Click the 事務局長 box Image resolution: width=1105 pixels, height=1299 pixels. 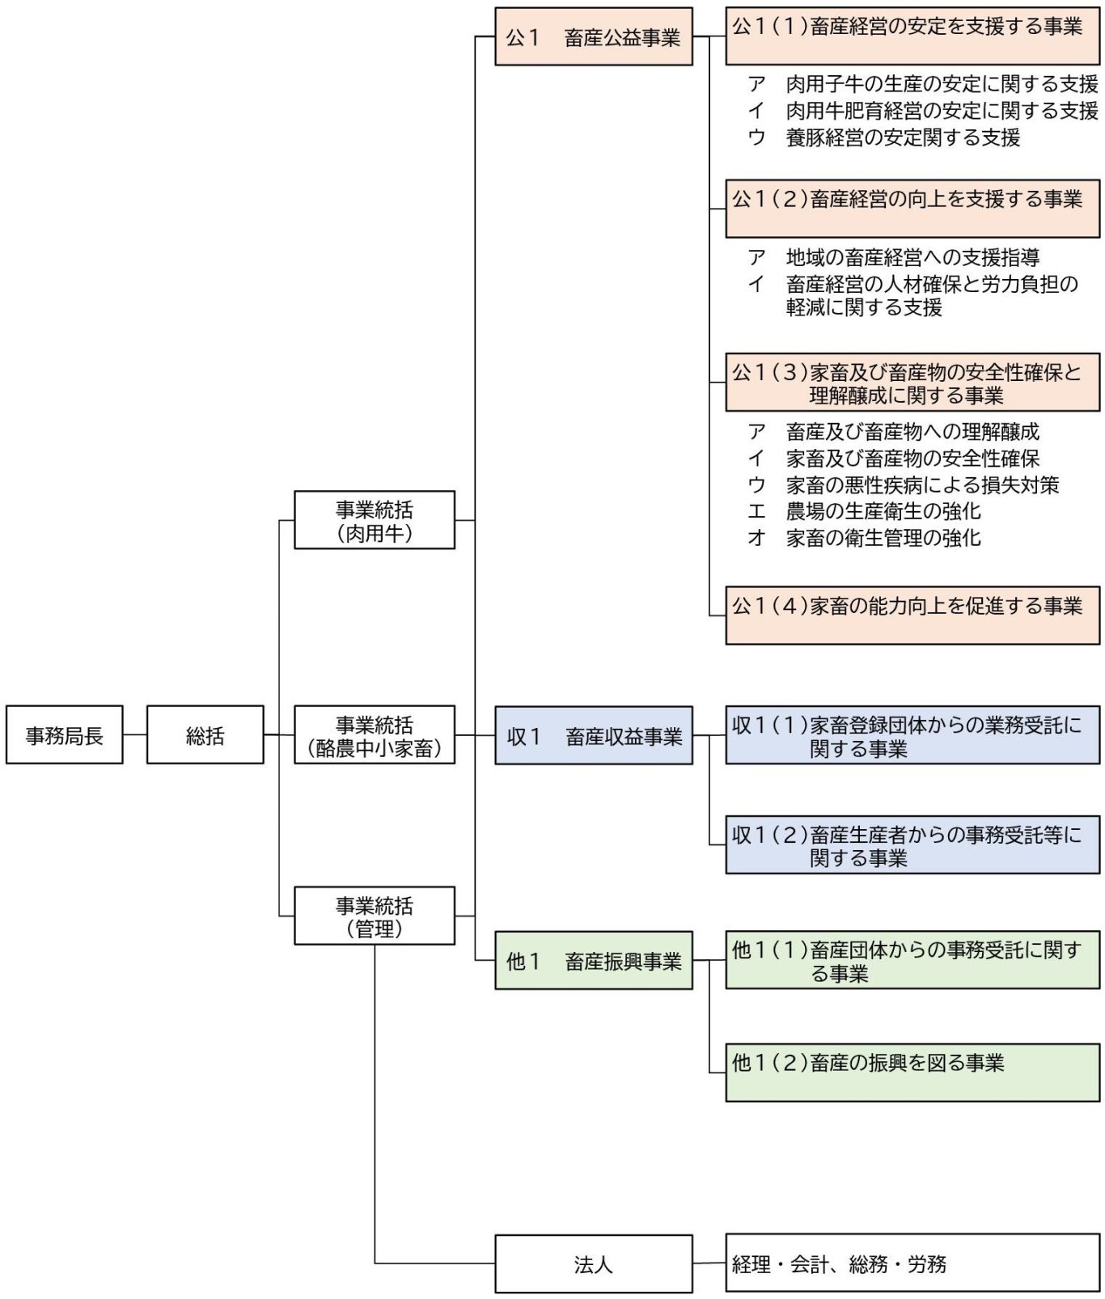(x=64, y=734)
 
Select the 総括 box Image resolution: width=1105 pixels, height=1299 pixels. (x=205, y=734)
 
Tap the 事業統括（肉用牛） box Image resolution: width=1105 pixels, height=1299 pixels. (x=374, y=520)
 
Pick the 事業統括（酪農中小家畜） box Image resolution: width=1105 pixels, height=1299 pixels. (x=374, y=734)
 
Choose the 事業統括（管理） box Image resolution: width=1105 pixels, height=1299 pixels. (x=374, y=916)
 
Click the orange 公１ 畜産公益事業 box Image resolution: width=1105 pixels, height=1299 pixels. (x=593, y=36)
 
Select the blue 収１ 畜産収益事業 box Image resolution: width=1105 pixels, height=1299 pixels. (x=593, y=735)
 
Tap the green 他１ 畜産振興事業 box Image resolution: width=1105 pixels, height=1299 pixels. (x=593, y=960)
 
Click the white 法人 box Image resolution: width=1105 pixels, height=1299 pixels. (x=593, y=1263)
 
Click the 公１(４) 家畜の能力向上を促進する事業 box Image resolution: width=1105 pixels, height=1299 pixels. (x=912, y=615)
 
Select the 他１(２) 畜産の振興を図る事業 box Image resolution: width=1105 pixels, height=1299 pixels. (x=912, y=1072)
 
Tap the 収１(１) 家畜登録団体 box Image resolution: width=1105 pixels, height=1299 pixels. (x=912, y=735)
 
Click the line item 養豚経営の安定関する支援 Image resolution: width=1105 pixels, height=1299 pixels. (x=902, y=138)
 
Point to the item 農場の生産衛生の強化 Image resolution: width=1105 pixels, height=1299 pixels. (x=883, y=511)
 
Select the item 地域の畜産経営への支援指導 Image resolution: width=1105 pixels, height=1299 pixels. (x=912, y=257)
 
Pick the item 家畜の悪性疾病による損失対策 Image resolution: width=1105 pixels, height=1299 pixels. (x=921, y=484)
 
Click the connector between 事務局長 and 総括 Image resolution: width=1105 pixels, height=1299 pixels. (x=134, y=734)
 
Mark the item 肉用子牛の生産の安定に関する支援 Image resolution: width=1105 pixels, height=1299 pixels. (x=941, y=84)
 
